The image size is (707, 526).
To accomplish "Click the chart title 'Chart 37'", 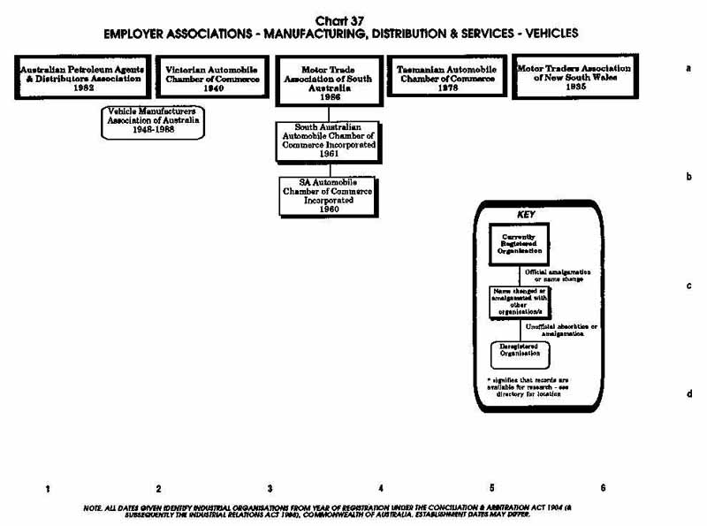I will point(340,20).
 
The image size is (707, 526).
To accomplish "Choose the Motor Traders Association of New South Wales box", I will point(574,78).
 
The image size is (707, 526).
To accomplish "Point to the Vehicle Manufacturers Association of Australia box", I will point(152,122).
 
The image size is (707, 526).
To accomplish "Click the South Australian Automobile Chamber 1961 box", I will point(330,142).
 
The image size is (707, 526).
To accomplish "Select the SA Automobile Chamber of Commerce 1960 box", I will point(328,195).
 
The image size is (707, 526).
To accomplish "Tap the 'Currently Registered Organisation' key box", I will point(519,243).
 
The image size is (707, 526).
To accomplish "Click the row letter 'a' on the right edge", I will point(688,67).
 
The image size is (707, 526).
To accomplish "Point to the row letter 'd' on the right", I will point(688,394).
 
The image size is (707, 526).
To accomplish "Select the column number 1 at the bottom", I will point(47,488).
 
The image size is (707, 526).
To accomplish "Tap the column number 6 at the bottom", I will point(603,488).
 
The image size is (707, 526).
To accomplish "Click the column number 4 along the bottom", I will point(381,488).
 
